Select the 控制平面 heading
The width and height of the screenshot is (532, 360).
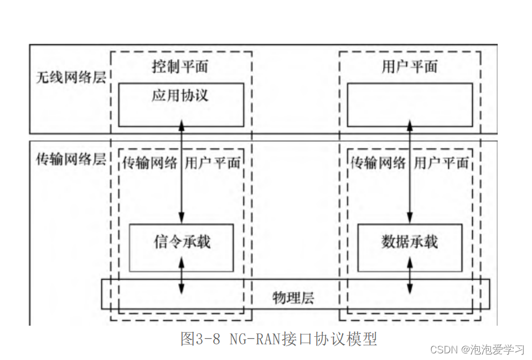pyautogui.click(x=180, y=67)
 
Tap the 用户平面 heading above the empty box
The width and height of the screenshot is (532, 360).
pyautogui.click(x=410, y=67)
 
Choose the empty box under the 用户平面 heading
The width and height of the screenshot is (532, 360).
pyautogui.click(x=410, y=105)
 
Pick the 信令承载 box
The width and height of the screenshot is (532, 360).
pyautogui.click(x=182, y=247)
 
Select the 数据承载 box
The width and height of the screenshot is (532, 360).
pyautogui.click(x=410, y=247)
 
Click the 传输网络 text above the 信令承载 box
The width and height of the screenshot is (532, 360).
pyautogui.click(x=150, y=162)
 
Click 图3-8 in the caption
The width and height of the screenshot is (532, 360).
pyautogui.click(x=200, y=338)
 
